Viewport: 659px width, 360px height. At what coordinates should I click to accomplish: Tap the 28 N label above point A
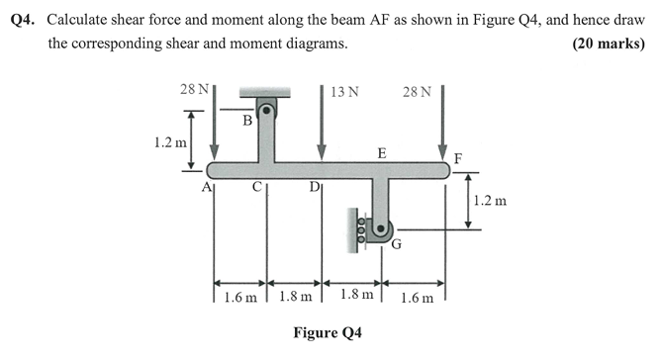pos(193,89)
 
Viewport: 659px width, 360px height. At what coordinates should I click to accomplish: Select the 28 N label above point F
pos(417,92)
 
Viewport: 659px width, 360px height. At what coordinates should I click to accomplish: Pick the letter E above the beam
pos(381,152)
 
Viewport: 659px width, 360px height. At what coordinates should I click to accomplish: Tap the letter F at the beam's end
pos(456,158)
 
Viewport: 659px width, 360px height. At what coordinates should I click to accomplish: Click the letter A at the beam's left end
pos(207,186)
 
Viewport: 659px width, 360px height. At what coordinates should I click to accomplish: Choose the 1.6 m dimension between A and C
pos(240,296)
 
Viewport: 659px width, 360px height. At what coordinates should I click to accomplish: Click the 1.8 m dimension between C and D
pos(295,296)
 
